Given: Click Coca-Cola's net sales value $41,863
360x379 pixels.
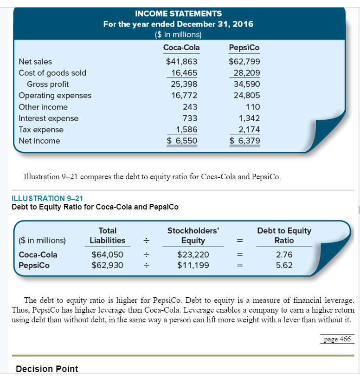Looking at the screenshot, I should (182, 61).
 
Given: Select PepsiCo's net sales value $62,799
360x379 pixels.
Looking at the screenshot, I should (244, 61).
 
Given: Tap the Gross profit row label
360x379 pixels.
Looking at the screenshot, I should (48, 84).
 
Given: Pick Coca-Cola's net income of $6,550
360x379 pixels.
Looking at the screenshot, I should (182, 141).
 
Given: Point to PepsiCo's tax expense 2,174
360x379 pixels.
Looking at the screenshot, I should (249, 130).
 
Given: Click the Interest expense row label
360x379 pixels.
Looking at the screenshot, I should (48, 118).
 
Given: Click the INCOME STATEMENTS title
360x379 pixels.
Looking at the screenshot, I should (178, 13).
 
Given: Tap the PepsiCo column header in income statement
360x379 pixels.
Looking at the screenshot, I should (244, 47).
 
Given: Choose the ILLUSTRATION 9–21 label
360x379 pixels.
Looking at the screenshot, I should (47, 199).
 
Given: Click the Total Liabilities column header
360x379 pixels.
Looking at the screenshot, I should (107, 235).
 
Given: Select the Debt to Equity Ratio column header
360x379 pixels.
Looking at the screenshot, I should (284, 235).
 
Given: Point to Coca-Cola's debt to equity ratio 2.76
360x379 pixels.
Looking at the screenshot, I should (284, 255).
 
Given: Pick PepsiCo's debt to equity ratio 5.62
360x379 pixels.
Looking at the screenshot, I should (284, 265).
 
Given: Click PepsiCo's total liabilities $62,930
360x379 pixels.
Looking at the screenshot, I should (107, 265).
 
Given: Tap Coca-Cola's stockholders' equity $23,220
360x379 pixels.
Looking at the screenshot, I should (193, 255).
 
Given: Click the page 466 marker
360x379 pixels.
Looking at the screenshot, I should (337, 339).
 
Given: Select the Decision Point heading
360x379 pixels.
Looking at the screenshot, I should (47, 369).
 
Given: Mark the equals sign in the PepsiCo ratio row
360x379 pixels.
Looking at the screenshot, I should (240, 266).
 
